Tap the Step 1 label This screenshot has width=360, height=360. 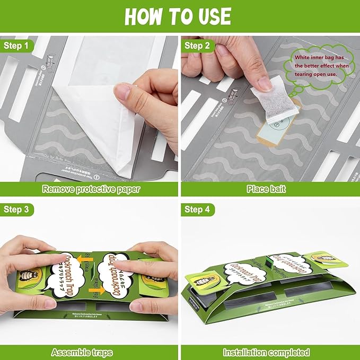16,45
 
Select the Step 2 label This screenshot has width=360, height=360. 197,45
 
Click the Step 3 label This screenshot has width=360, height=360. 16,210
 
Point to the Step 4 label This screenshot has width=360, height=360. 197,210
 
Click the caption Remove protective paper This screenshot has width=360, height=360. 91,188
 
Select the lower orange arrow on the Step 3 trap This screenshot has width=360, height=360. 96,291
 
